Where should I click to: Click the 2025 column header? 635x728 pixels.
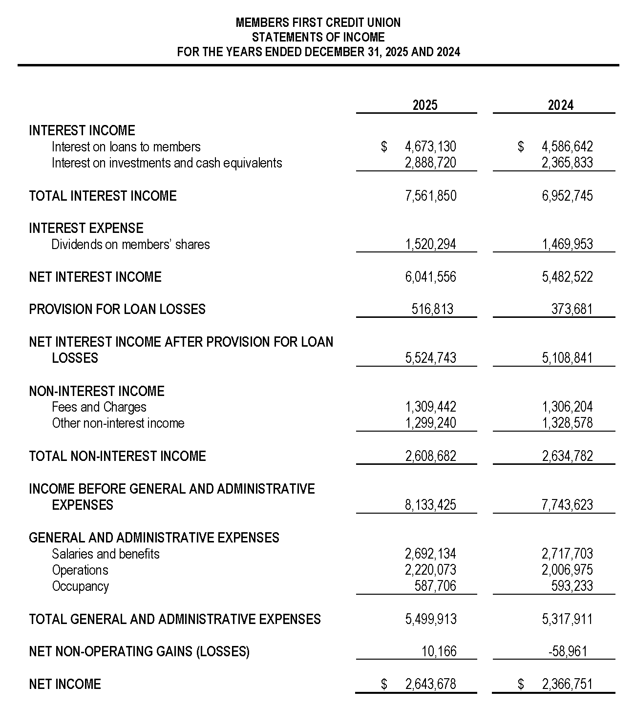pos(424,105)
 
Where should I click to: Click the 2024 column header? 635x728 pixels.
pos(560,105)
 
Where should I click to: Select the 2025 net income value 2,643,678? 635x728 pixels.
pos(430,684)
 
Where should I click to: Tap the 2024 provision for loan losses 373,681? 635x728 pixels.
pos(571,309)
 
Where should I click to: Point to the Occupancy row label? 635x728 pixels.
pos(80,586)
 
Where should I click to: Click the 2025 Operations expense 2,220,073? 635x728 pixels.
pos(430,570)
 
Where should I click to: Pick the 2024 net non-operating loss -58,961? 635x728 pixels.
pos(568,651)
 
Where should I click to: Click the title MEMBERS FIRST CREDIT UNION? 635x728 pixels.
pos(318,22)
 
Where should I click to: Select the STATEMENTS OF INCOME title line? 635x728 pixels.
pos(318,37)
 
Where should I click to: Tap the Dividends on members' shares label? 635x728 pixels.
pos(130,244)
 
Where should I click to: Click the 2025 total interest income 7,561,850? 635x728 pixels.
pos(430,196)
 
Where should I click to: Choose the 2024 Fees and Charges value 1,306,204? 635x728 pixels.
pos(567,407)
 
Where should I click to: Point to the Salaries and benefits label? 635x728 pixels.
pos(106,554)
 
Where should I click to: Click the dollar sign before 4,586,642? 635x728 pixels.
pos(521,146)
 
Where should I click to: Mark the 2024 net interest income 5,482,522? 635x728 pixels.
pos(567,277)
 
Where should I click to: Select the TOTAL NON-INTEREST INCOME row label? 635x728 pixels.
pos(117,456)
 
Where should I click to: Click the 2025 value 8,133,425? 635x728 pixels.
pos(430,505)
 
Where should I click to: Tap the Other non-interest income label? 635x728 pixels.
pos(118,423)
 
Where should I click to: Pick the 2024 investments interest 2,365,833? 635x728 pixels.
pos(567,163)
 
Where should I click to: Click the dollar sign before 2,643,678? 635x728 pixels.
pos(384,684)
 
